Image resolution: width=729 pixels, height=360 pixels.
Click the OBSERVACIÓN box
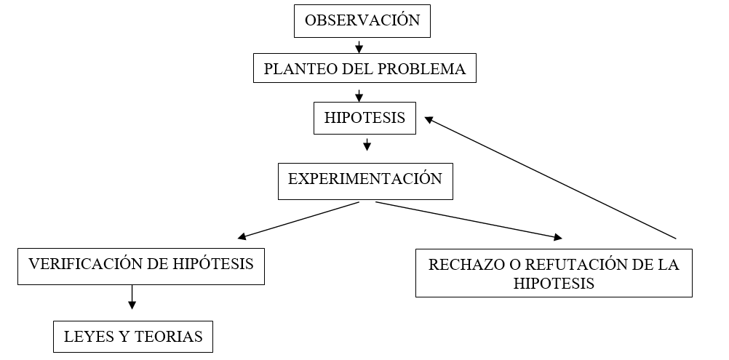362,20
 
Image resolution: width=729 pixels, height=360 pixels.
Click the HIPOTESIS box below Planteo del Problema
364,118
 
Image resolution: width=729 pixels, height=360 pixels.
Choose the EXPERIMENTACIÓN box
365,180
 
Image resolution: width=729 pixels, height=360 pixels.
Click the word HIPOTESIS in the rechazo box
554,284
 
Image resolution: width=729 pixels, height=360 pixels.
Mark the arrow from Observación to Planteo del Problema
359,47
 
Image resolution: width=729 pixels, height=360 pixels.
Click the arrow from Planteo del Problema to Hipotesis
359,95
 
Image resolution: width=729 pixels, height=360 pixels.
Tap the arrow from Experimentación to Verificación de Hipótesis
298,220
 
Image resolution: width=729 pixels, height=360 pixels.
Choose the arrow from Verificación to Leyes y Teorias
132,296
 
